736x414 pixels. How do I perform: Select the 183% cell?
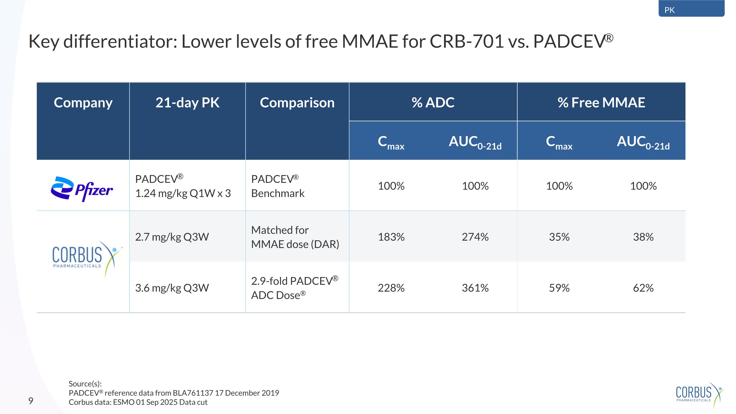391,237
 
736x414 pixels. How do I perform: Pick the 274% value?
475,237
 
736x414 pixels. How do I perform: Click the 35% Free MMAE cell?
559,237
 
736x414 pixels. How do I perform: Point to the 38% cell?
643,237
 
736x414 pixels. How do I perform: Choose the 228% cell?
391,288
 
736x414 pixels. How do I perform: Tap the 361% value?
475,288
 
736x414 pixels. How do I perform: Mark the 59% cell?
559,288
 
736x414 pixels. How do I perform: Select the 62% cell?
643,288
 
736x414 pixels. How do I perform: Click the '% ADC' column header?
433,102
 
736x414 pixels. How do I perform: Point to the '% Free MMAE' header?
601,102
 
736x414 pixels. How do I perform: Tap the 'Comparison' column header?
297,102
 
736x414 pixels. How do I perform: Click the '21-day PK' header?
187,102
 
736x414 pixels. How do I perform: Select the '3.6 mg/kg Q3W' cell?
172,288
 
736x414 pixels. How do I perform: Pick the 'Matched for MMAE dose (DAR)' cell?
295,237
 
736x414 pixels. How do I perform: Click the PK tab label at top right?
670,10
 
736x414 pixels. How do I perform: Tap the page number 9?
31,401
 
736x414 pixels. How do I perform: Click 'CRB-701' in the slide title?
467,41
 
